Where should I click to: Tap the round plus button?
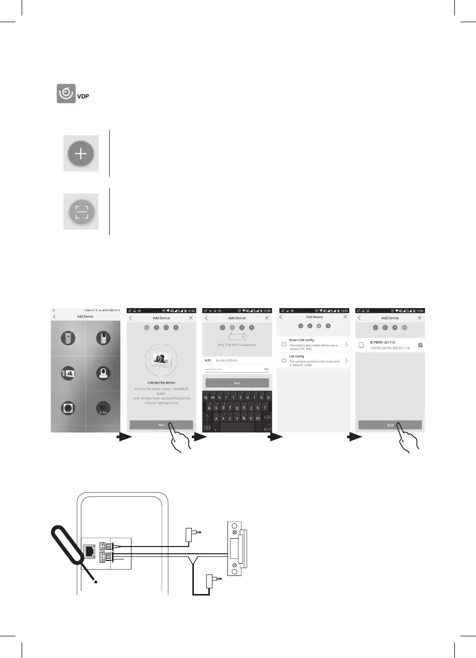81,153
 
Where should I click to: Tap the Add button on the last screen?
390,425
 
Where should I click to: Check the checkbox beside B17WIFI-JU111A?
420,345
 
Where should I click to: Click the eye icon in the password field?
266,370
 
